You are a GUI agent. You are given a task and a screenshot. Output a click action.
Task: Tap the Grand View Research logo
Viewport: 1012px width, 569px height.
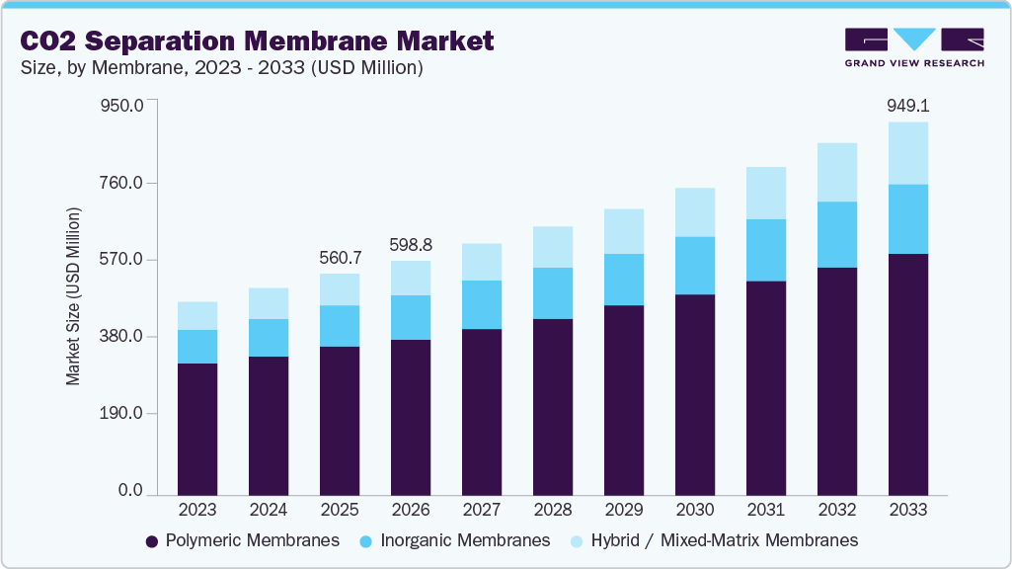tap(913, 46)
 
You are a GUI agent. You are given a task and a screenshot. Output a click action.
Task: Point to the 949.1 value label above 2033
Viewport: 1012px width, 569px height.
tap(907, 106)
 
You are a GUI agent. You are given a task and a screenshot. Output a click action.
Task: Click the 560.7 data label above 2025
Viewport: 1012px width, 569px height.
tap(340, 258)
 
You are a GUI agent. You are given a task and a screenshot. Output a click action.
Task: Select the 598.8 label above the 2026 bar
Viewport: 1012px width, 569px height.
tap(411, 244)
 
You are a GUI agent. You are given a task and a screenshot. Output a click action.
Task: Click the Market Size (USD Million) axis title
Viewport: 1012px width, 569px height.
tap(73, 296)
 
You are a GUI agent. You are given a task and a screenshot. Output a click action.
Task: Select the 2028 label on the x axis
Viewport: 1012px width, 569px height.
tap(552, 510)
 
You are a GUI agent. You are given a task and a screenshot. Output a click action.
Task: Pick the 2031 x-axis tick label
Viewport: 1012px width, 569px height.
tap(765, 510)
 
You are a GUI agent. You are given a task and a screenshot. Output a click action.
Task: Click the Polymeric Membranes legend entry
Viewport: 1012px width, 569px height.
tap(242, 540)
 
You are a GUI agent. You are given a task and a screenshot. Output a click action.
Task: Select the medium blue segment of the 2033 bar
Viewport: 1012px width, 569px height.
tap(907, 218)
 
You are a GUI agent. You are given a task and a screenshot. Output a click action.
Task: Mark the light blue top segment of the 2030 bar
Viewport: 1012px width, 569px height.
tap(694, 211)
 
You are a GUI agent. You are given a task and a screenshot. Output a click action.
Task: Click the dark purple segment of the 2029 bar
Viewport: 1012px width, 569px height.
tap(623, 399)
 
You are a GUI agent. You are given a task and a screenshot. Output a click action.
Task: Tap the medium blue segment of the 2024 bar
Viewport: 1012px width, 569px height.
tap(269, 338)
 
